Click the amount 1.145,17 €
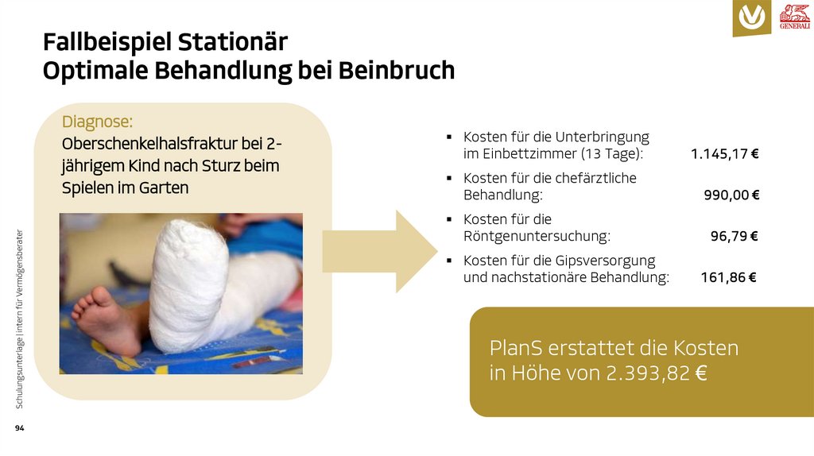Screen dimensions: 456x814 [x=724, y=153]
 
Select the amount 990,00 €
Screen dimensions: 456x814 [x=731, y=195]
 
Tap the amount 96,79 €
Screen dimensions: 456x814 [x=734, y=236]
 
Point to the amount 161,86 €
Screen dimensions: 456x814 [x=728, y=277]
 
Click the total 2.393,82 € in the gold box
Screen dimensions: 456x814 [x=656, y=373]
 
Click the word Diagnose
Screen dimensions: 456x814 [x=97, y=122]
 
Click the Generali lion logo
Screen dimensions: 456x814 [x=794, y=17]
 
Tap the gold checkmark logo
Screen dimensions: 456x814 [x=751, y=17]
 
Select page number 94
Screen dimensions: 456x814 [x=19, y=429]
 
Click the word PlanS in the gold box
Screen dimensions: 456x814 [x=515, y=348]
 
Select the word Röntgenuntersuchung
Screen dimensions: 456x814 [x=537, y=236]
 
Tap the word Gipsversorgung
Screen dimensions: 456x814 [x=605, y=261]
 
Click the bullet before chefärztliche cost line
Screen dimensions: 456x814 [x=449, y=178]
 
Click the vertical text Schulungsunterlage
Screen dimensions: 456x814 [x=19, y=373]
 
